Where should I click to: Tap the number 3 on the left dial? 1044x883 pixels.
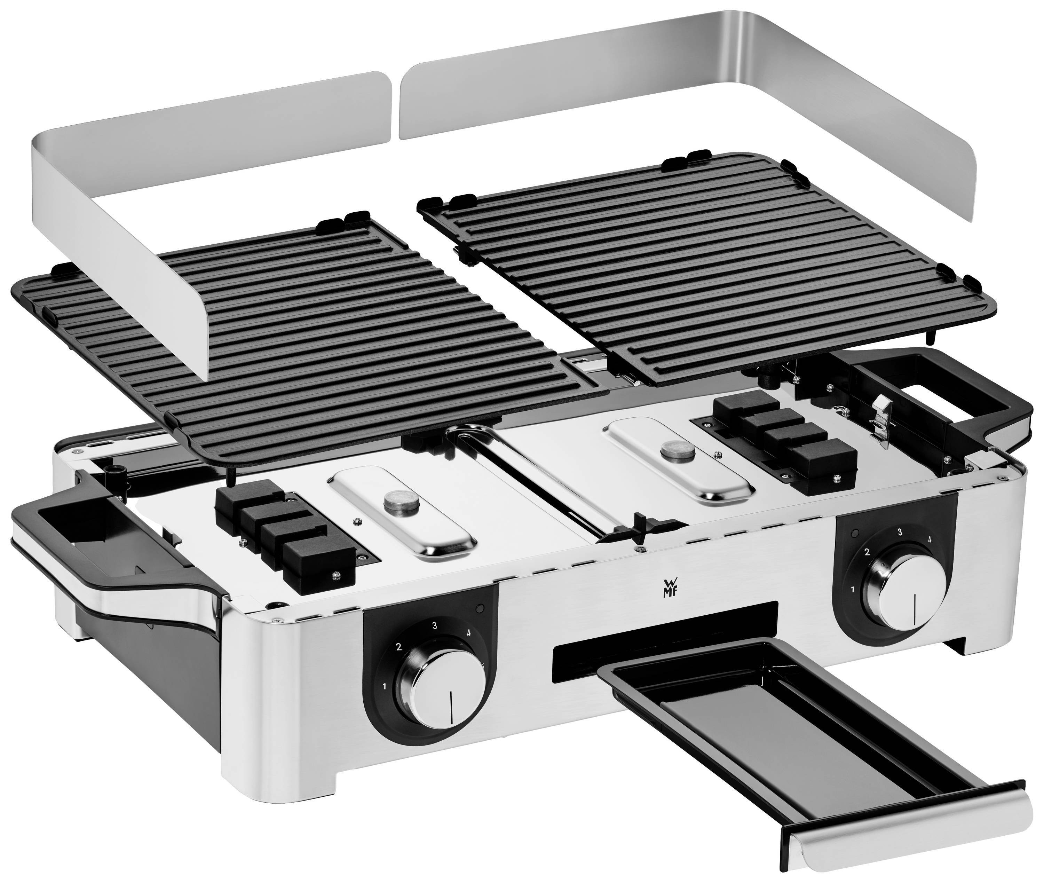(434, 625)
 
